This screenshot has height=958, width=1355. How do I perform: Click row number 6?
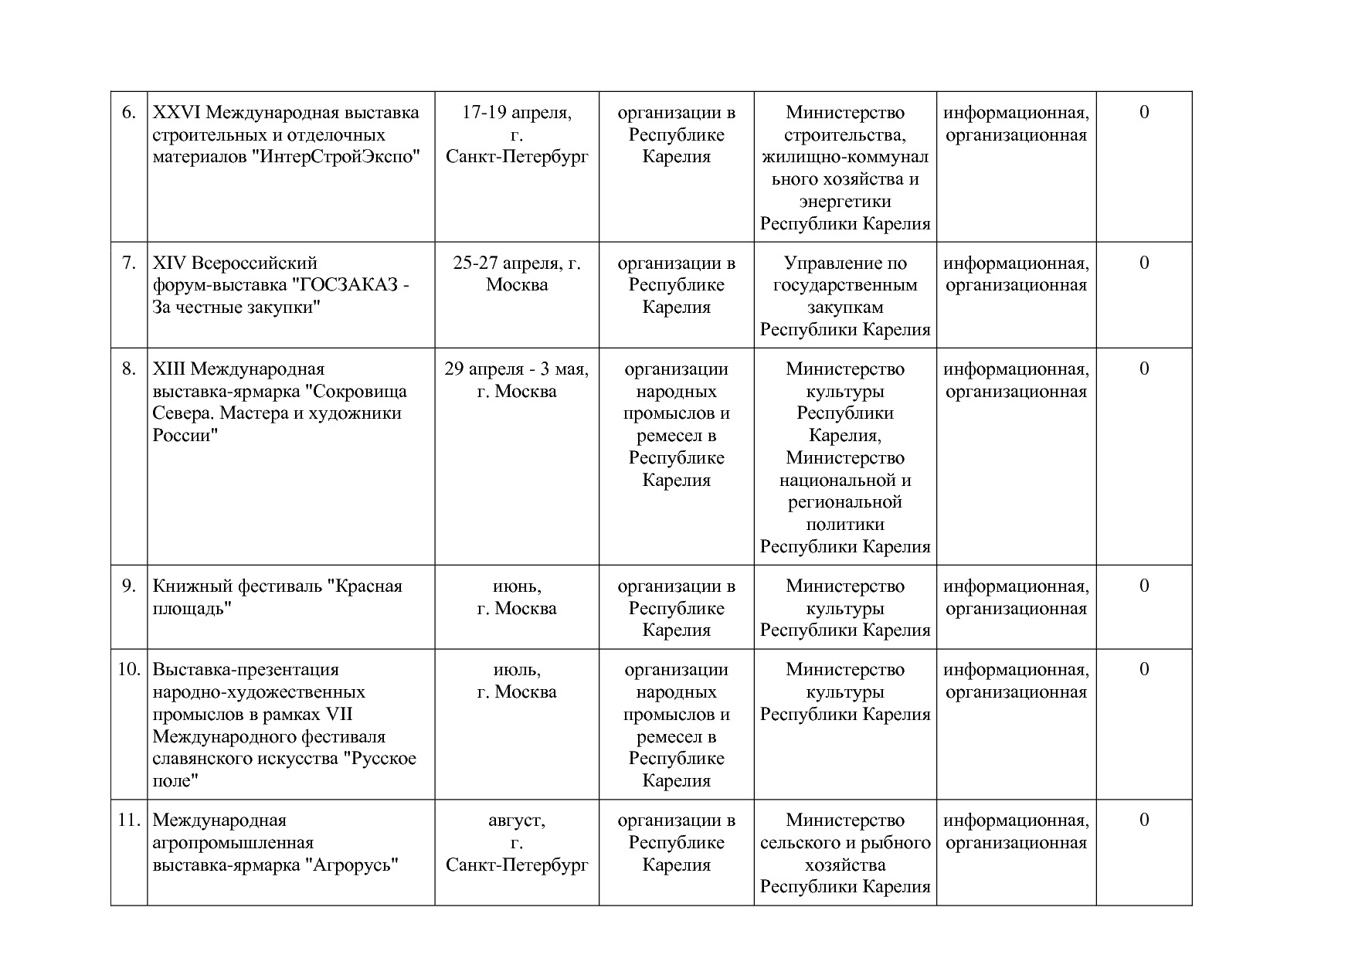click(129, 113)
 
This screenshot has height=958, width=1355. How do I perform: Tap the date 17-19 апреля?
click(517, 113)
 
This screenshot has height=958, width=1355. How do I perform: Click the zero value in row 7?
click(1144, 263)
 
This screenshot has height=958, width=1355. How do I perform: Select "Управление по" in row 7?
click(845, 263)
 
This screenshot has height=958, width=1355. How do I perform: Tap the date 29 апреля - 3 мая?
click(516, 369)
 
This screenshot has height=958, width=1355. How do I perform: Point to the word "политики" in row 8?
click(845, 525)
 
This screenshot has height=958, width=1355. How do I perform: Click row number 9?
click(129, 586)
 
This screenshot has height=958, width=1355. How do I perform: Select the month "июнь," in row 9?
click(517, 586)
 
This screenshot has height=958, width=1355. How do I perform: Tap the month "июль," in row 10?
click(517, 670)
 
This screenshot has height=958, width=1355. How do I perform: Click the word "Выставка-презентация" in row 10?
click(246, 670)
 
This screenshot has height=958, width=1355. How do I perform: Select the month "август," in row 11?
click(517, 820)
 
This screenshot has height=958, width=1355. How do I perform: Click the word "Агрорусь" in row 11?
click(355, 865)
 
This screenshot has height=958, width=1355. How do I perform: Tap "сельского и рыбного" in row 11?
click(845, 843)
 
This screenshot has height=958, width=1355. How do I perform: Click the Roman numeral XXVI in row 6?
click(177, 113)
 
